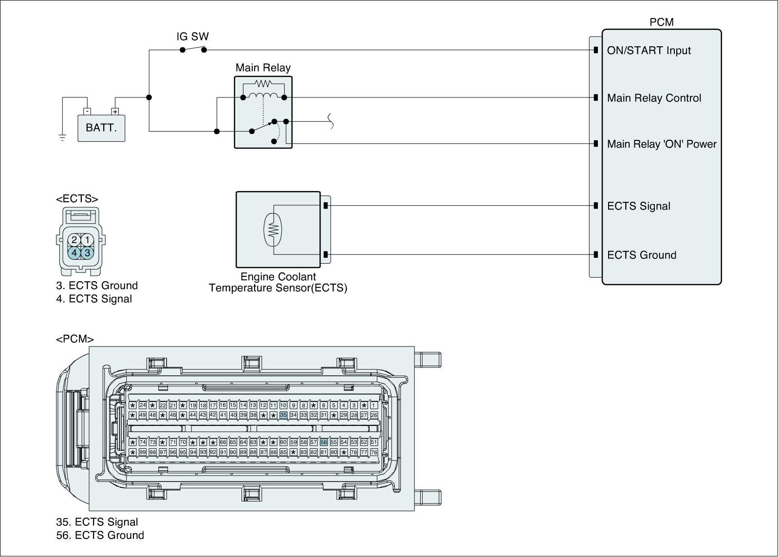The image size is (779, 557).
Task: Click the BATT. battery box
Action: [101, 128]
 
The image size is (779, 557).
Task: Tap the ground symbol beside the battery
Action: [62, 138]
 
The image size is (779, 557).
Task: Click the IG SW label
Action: [193, 37]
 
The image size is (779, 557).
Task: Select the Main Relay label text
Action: [263, 68]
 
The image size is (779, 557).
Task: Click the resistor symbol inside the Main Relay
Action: [263, 83]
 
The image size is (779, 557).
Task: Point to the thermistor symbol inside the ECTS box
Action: [273, 230]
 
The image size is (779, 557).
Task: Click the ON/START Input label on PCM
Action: [649, 51]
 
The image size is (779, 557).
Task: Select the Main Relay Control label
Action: [654, 98]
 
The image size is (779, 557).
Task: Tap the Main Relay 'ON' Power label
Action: [662, 144]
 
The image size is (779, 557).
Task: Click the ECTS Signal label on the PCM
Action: [639, 206]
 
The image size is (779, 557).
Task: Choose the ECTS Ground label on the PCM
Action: [642, 255]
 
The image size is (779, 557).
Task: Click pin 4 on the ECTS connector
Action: [74, 253]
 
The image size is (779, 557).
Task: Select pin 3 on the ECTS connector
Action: [87, 253]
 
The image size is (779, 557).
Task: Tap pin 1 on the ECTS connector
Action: [87, 239]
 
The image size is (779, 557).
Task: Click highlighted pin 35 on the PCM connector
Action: [283, 415]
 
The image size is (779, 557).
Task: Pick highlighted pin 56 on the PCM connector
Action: [324, 442]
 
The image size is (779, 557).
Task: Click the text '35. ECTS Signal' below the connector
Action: [97, 522]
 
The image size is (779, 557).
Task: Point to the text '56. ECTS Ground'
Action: [100, 535]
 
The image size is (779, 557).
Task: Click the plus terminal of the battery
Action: [115, 112]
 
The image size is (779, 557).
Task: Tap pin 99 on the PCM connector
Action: [142, 452]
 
